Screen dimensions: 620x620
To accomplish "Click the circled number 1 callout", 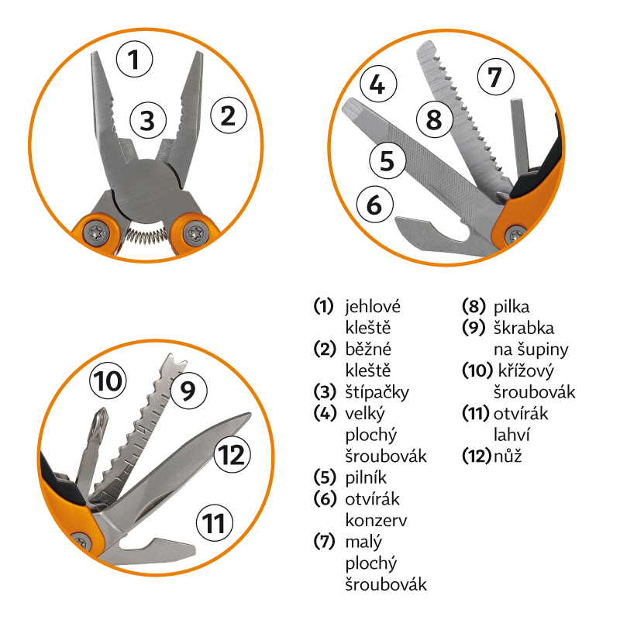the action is pos(134,60).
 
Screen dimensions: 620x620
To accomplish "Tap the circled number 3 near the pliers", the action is pos(148,120).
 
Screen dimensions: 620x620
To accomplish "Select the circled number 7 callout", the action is pos(496,77).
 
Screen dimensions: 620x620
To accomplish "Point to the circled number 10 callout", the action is pos(108,381).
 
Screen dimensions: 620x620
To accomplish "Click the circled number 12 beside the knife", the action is pos(232,455).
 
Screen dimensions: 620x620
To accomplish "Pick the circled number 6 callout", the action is pos(374,205).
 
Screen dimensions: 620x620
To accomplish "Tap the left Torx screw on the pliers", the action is pos(96,233).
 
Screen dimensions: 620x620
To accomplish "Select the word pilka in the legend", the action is pos(511,307).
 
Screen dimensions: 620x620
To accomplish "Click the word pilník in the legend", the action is pos(366,478).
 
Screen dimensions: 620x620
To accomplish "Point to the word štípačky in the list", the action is pos(377,393).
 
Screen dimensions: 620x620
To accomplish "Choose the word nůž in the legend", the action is pos(508,456).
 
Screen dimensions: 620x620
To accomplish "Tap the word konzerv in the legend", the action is pos(376,521).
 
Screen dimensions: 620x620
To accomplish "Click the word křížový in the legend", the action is pos(526,371).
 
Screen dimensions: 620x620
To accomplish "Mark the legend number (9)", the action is pos(474,328).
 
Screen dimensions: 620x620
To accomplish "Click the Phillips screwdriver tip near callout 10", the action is pos(101,420).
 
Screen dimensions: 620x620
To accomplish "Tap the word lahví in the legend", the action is pos(511,435).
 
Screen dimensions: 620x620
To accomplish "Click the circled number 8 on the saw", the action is pos(435,119).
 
